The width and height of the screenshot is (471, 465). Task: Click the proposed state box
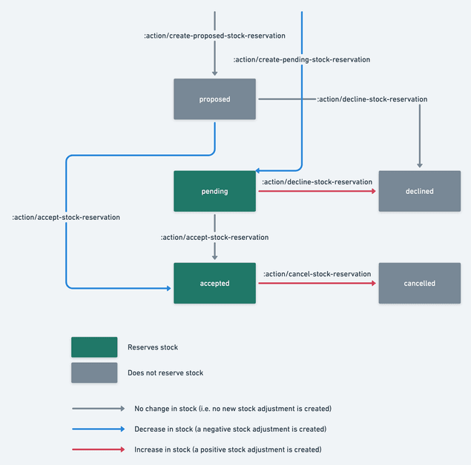(x=214, y=99)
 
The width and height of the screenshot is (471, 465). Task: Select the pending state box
(x=214, y=191)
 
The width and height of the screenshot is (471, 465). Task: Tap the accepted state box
(x=214, y=283)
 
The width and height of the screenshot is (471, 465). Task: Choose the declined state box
(x=419, y=191)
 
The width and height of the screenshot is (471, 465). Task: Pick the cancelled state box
(x=419, y=283)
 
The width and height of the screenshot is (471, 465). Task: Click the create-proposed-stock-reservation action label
(x=214, y=36)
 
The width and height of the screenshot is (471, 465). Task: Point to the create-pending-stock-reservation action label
(x=301, y=59)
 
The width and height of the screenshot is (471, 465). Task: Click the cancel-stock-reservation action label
(x=317, y=274)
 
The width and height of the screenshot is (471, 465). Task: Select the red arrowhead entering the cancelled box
(x=373, y=283)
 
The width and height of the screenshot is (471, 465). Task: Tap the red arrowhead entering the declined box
(x=373, y=191)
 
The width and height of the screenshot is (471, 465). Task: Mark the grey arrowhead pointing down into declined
(x=420, y=165)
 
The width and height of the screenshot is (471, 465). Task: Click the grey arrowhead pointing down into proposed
(x=214, y=73)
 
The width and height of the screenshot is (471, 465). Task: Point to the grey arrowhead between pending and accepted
(x=214, y=257)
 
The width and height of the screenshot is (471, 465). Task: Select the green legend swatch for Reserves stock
(x=94, y=347)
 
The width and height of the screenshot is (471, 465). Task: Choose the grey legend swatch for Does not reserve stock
(x=94, y=372)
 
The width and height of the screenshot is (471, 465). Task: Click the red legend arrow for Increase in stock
(x=98, y=449)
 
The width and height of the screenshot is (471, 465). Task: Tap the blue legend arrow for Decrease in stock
(x=98, y=429)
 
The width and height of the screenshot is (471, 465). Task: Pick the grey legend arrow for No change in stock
(x=98, y=408)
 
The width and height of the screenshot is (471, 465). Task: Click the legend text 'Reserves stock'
(x=153, y=347)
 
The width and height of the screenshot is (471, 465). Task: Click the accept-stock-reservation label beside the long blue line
(x=66, y=217)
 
